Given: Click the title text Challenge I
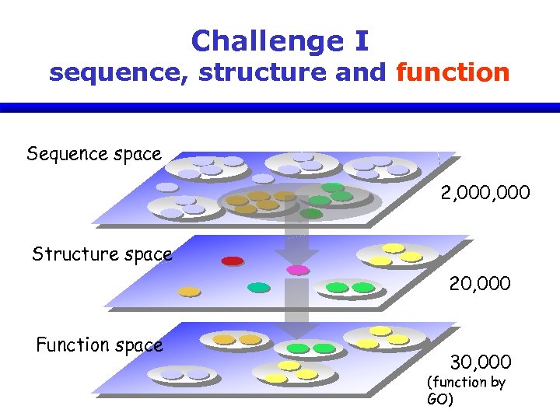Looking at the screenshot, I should click(x=280, y=40).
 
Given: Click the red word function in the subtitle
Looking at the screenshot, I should click(x=453, y=73).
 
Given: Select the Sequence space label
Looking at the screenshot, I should click(x=94, y=154).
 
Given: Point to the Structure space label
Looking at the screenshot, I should click(x=102, y=254).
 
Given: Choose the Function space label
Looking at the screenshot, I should click(x=100, y=345).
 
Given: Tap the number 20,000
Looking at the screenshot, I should click(x=480, y=284).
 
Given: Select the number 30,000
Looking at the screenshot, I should click(x=481, y=362).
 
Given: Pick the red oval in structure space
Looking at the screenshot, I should click(x=233, y=261).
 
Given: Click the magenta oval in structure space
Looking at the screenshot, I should click(x=298, y=270).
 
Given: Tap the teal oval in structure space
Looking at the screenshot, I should click(x=258, y=287).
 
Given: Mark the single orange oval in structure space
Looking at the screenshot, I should click(x=189, y=292).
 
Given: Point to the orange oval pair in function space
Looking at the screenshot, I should click(x=237, y=340).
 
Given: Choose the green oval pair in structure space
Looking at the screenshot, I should click(x=350, y=288).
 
